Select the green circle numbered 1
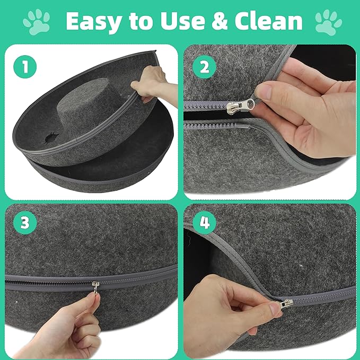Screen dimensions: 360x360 pos(22,68)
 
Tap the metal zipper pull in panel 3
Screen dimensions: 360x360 pos(95,289)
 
